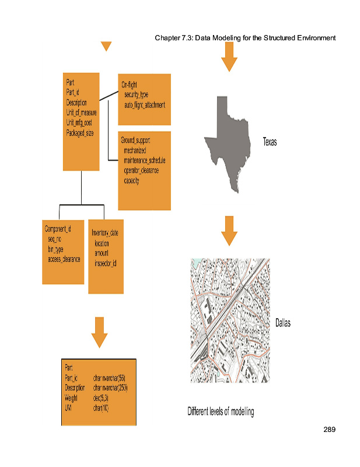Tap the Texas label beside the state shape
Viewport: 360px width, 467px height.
pos(270,142)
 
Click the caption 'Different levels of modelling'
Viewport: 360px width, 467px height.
pos(221,412)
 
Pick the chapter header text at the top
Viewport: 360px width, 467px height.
pos(245,39)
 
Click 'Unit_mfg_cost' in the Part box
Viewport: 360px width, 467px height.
pos(79,123)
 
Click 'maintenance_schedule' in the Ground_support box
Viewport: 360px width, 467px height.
pos(145,160)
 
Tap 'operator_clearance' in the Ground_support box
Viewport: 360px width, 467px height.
pos(141,170)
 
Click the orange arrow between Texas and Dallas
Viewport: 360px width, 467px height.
pos(229,231)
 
